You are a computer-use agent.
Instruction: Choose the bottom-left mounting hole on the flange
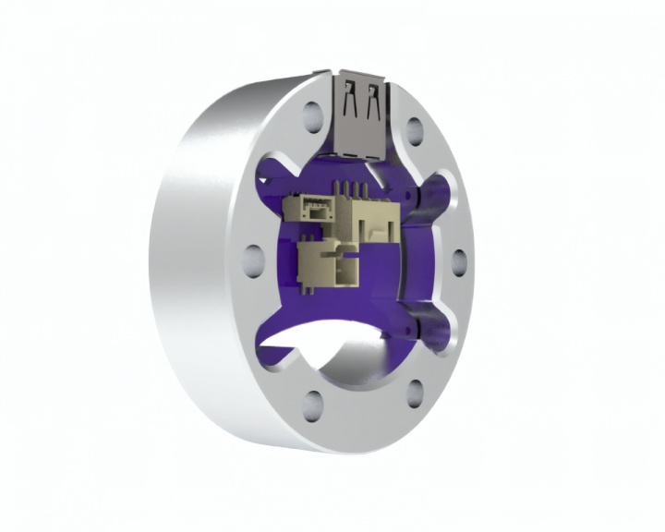pyautogui.click(x=314, y=401)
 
